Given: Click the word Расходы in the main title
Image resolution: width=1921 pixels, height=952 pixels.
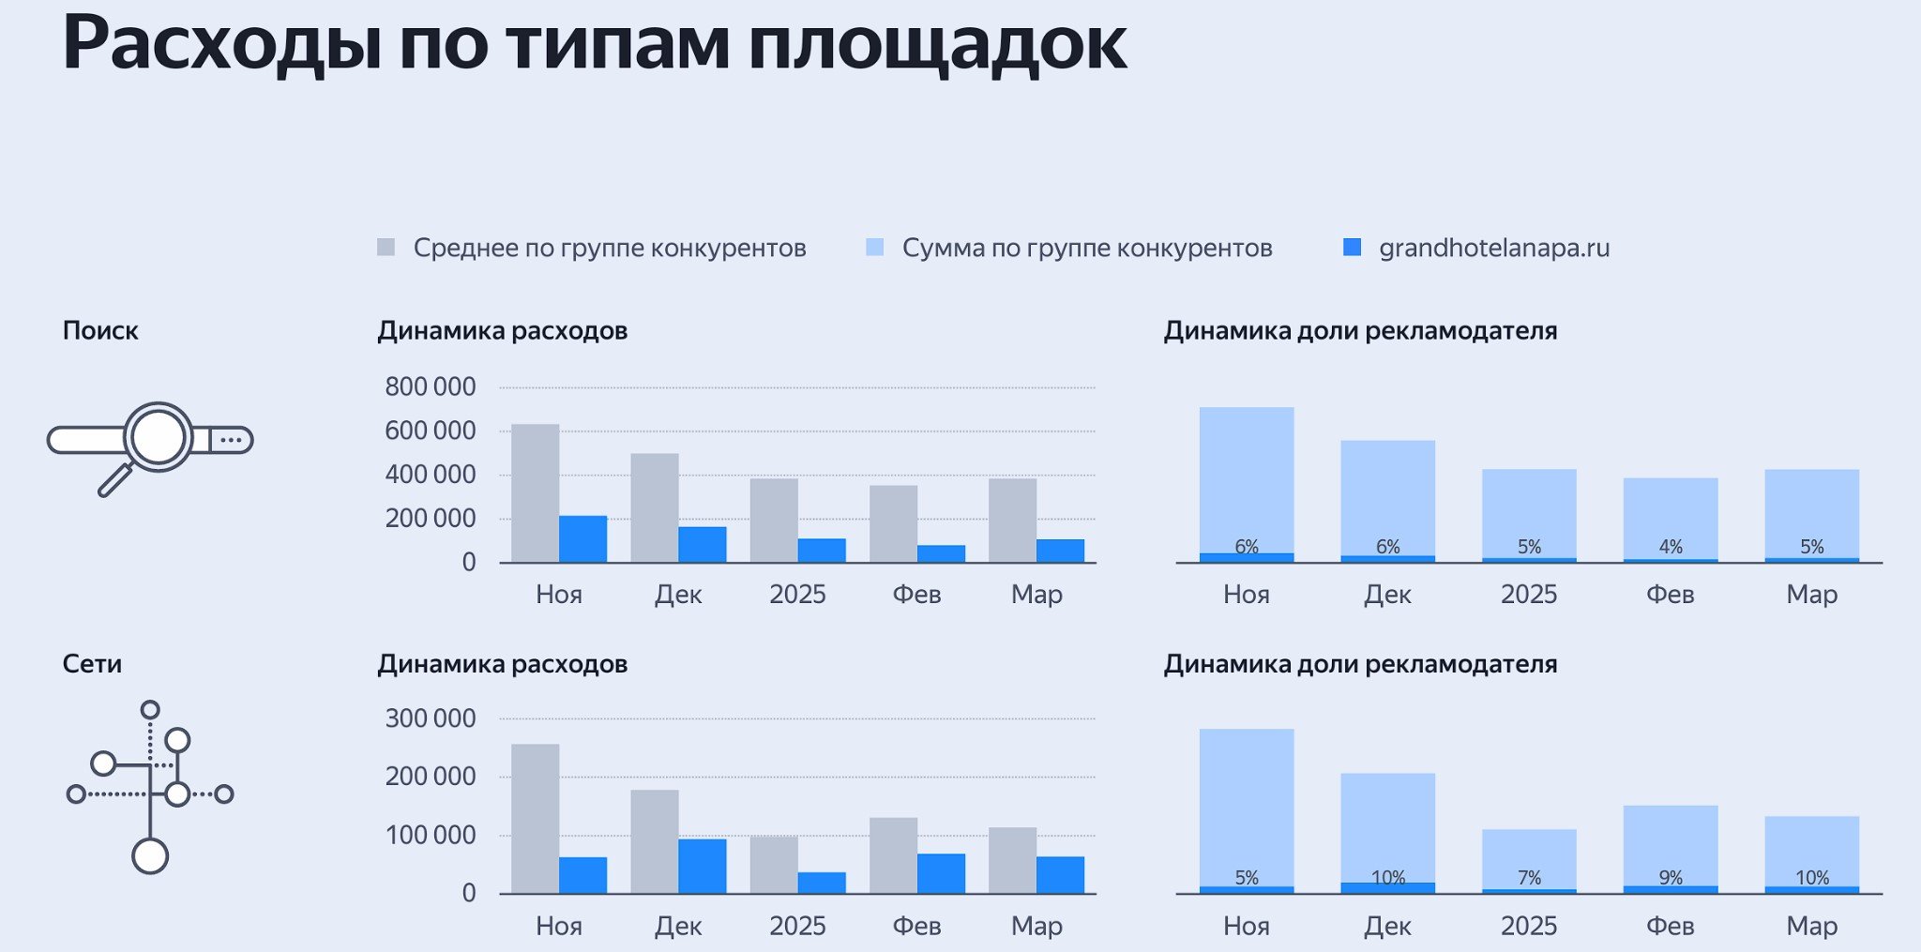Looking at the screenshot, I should point(221,45).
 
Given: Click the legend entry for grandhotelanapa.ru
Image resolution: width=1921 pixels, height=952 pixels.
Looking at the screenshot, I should point(1493,249).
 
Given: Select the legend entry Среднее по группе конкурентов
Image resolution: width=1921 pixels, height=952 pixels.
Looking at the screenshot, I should point(609,249).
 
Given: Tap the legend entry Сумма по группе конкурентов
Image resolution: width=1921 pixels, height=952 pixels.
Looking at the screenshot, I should point(1086,249).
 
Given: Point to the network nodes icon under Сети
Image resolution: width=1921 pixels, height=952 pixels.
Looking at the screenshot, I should point(150,788).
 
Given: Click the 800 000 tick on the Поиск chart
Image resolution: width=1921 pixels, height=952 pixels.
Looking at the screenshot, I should point(431,386).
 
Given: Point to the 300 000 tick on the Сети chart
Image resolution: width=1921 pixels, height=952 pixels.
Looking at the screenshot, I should point(431,718).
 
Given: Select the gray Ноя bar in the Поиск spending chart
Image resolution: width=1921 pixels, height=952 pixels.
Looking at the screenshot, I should point(535,492).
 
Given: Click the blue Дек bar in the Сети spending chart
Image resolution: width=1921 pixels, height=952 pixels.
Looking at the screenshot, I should point(703,865).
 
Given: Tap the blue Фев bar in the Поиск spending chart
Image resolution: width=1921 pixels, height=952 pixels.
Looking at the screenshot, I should point(941,553).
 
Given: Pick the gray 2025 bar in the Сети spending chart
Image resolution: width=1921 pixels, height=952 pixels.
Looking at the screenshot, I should point(774,864).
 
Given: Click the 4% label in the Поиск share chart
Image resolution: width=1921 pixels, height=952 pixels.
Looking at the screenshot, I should point(1671,547).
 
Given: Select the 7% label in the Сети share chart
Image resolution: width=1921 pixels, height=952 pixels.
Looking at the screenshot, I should point(1529,878).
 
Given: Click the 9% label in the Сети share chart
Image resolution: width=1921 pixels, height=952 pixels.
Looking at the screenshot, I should point(1671,878).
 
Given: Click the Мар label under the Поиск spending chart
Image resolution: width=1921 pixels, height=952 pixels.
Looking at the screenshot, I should point(1036,595).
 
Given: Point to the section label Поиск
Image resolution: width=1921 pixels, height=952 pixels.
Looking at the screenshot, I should point(100,331).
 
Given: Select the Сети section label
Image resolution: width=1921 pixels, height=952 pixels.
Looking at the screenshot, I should point(92,664).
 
